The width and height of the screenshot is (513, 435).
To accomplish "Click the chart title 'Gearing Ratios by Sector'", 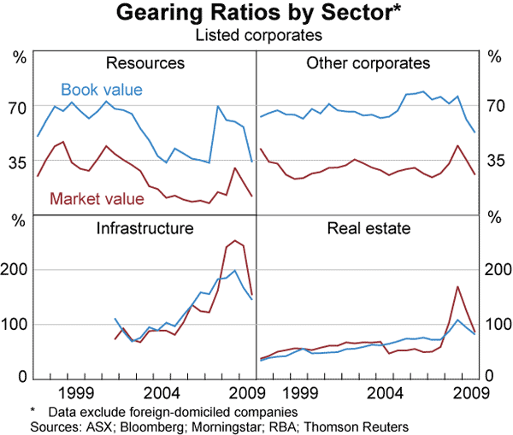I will coord(256,14).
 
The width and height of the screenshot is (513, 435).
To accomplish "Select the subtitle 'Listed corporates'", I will coord(256,35).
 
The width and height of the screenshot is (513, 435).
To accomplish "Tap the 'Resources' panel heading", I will coord(144,63).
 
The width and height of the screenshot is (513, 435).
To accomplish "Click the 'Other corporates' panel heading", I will coord(368,63).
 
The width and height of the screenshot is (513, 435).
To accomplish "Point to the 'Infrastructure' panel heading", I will coord(144,228).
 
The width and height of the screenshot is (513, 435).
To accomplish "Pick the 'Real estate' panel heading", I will coord(369,228).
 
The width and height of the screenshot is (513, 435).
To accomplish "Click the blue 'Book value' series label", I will coord(101,89).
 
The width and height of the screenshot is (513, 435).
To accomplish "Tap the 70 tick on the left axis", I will coord(19,107).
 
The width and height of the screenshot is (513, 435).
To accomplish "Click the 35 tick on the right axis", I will coord(493,161).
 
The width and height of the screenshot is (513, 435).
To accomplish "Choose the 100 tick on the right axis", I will coord(493,324).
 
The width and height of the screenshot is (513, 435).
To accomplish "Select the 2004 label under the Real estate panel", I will coord(387,392).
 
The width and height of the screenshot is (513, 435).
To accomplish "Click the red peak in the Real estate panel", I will coord(458,286).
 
